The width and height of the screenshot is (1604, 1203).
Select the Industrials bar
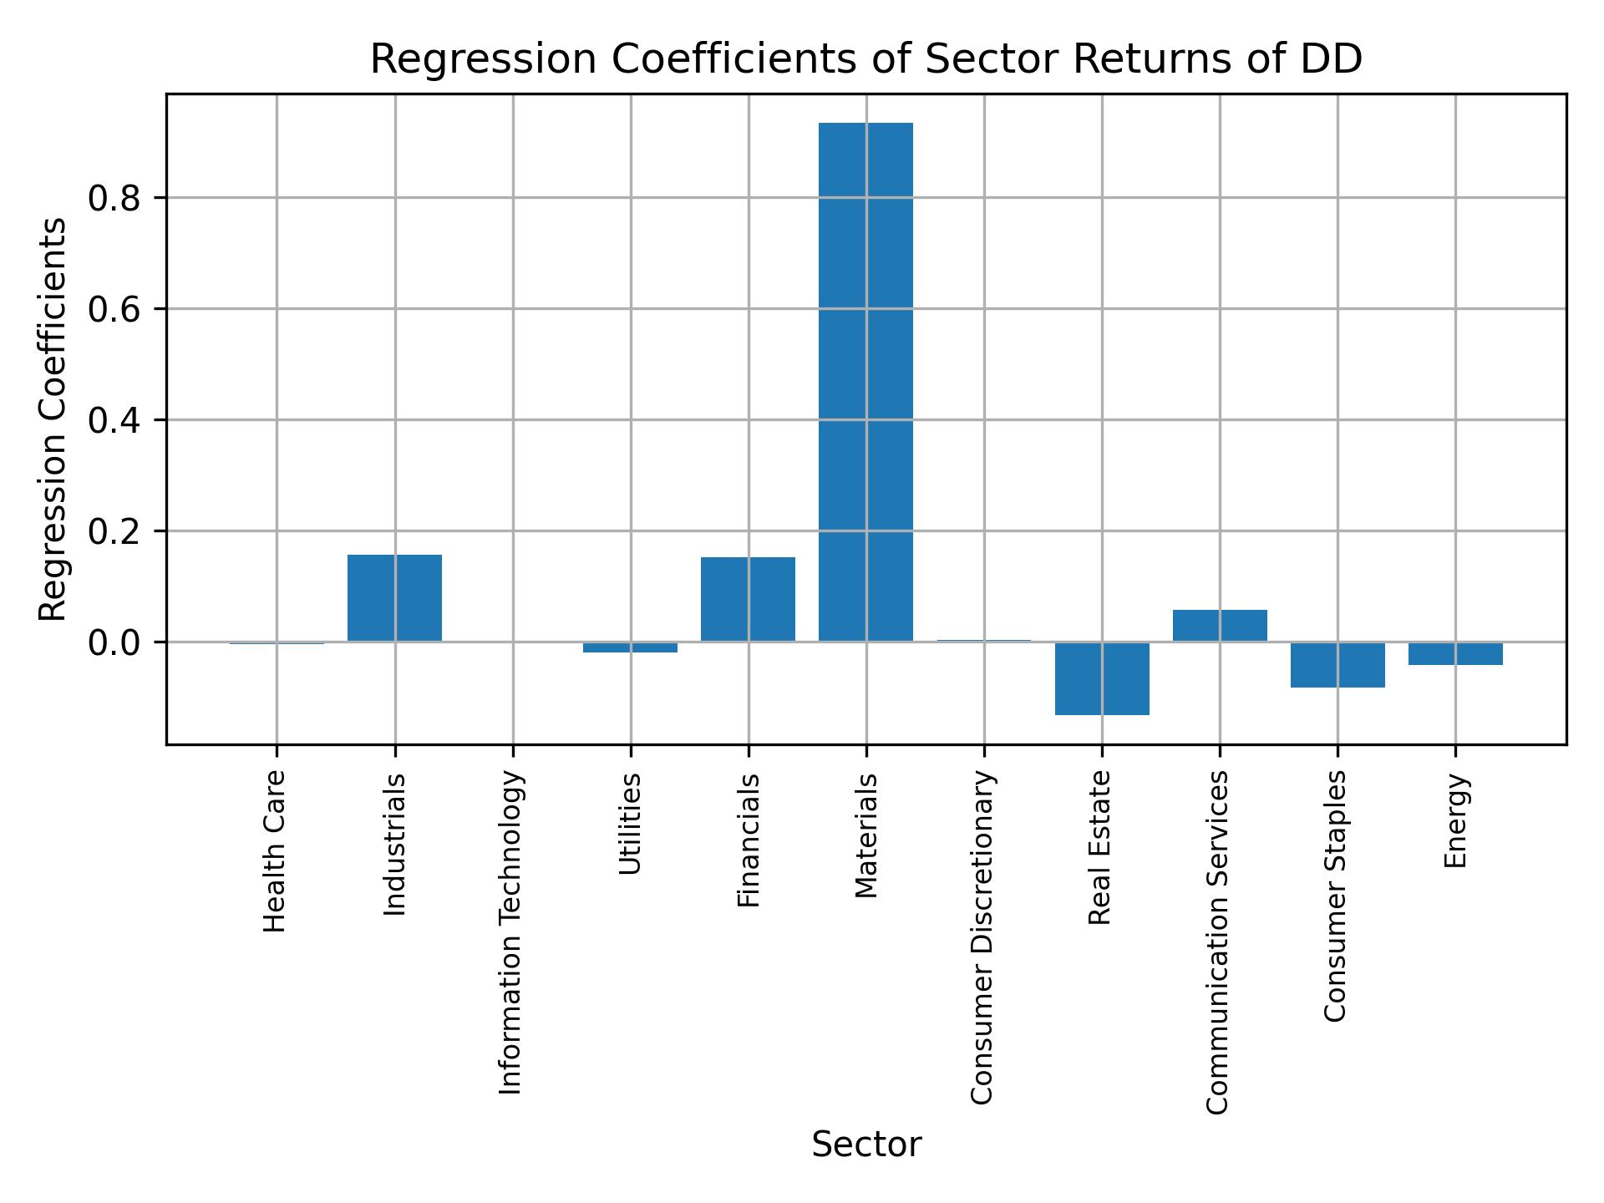click(x=394, y=597)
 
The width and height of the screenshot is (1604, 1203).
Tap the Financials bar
click(x=748, y=599)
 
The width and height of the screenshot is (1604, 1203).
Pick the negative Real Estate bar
click(x=1102, y=678)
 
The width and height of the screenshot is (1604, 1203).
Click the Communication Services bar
click(x=1220, y=626)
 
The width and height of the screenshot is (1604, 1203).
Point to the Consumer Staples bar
click(x=1338, y=665)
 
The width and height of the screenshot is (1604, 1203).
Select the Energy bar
click(x=1455, y=653)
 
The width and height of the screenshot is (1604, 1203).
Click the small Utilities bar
click(x=630, y=647)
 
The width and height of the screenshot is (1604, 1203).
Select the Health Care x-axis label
click(x=275, y=851)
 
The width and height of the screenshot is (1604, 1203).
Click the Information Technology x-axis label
click(x=511, y=932)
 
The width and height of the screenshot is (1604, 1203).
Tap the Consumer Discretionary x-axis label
click(x=983, y=937)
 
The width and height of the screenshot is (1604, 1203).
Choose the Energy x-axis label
click(x=1455, y=820)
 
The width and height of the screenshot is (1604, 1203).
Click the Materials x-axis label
click(x=866, y=835)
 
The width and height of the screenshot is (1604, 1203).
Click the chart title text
click(x=865, y=59)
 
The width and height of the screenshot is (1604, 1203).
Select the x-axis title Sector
click(x=866, y=1145)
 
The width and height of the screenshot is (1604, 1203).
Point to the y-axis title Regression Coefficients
click(x=53, y=419)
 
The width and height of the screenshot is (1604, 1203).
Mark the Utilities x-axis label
click(x=631, y=824)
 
